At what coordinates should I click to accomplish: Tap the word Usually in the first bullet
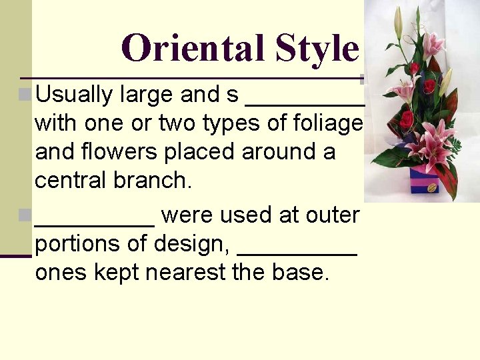pyautogui.click(x=73, y=95)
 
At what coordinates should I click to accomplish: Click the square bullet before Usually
pyautogui.click(x=25, y=95)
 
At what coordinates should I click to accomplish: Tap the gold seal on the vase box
pyautogui.click(x=432, y=188)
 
